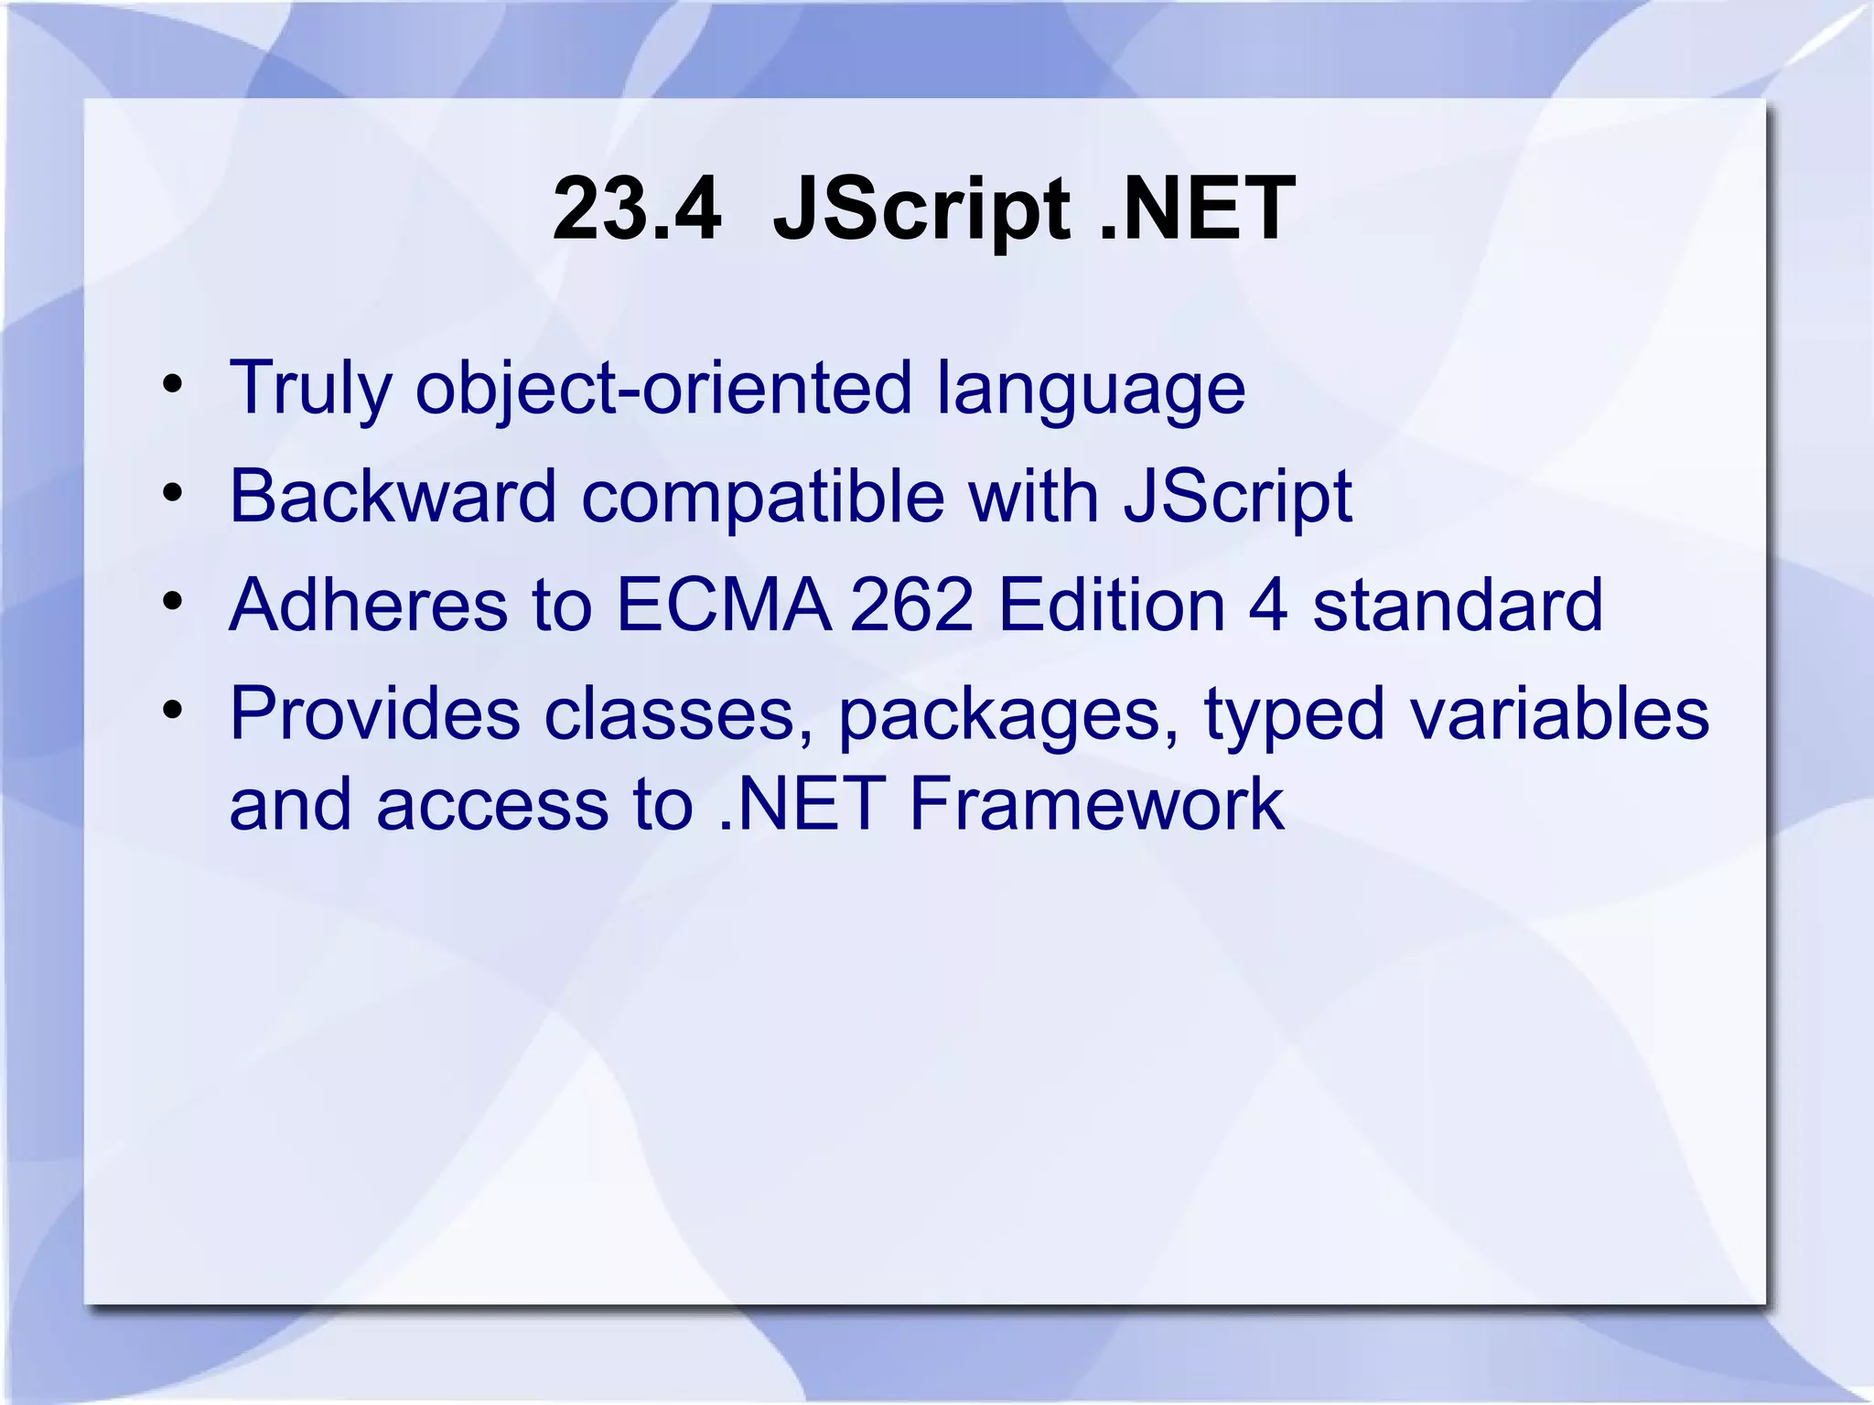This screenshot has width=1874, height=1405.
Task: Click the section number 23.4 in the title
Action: [637, 209]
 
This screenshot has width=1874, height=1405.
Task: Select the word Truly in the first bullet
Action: [310, 388]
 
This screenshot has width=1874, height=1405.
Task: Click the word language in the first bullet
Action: [1091, 388]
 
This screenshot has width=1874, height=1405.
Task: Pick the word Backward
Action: [393, 496]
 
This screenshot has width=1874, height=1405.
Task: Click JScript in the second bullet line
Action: [1238, 496]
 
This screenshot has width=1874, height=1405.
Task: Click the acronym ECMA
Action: [724, 605]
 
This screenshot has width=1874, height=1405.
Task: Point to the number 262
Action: [911, 605]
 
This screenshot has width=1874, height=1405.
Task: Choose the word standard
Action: [1458, 605]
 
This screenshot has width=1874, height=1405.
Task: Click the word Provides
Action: [374, 713]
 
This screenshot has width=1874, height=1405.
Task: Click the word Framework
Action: [1096, 804]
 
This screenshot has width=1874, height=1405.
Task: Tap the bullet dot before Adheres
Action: [173, 603]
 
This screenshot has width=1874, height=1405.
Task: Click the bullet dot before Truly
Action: [173, 385]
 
